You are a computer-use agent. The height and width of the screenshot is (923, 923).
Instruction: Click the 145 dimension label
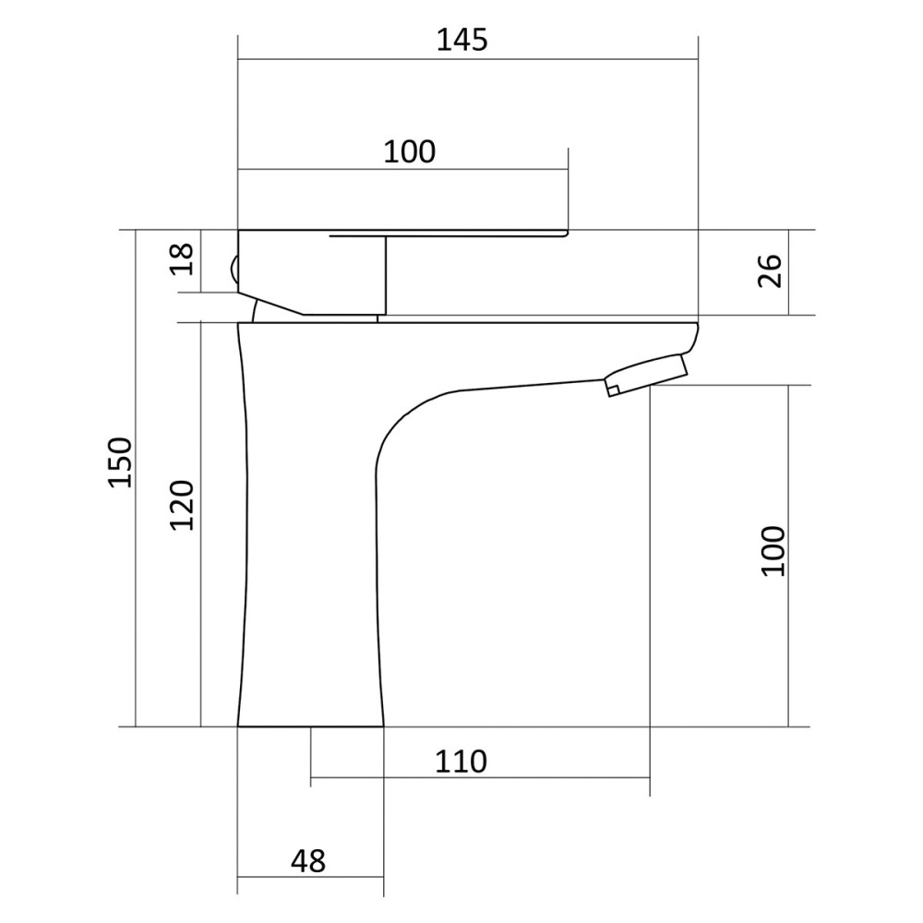(462, 40)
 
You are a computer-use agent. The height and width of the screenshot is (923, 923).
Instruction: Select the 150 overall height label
(121, 462)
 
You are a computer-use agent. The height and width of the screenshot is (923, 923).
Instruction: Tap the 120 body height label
(182, 506)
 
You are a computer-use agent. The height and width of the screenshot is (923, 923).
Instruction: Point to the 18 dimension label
(182, 259)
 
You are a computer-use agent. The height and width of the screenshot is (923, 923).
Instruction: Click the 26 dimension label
(770, 270)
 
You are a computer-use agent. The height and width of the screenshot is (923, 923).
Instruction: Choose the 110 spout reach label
(461, 761)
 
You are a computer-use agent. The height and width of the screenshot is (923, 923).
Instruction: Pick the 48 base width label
(308, 862)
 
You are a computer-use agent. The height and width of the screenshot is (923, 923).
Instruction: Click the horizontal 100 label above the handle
(410, 152)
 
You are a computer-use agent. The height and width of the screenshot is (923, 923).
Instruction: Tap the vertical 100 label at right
(773, 552)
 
